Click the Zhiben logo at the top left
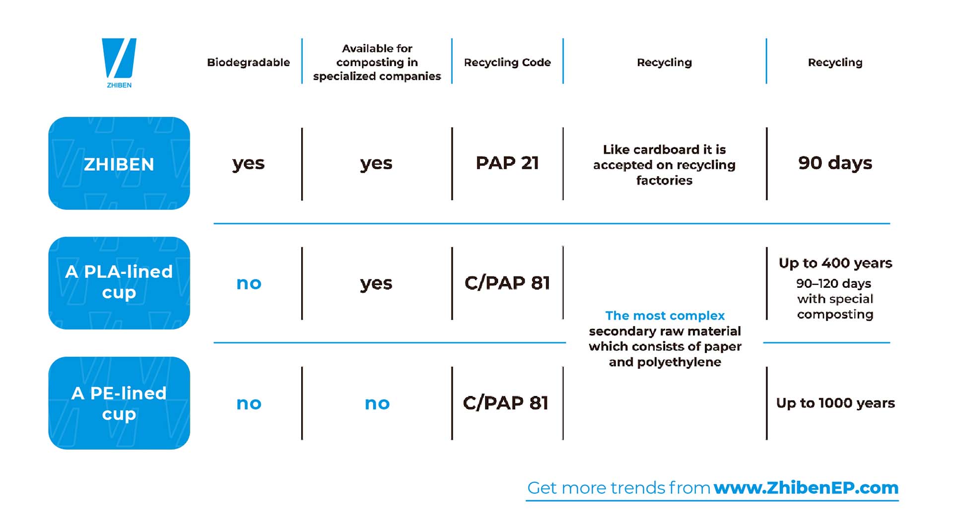pyautogui.click(x=119, y=63)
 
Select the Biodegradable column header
pyautogui.click(x=248, y=63)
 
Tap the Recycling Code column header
pyautogui.click(x=507, y=63)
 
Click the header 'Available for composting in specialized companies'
pyautogui.click(x=377, y=62)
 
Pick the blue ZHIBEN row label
pyautogui.click(x=119, y=163)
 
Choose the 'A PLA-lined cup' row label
pyautogui.click(x=119, y=283)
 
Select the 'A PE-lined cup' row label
pyautogui.click(x=119, y=403)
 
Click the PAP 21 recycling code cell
pyautogui.click(x=507, y=163)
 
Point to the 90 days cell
pyautogui.click(x=835, y=163)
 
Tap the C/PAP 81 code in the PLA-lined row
pyautogui.click(x=507, y=283)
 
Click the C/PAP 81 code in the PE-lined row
pyautogui.click(x=506, y=403)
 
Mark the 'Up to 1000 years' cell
pyautogui.click(x=835, y=403)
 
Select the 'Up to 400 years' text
pyautogui.click(x=835, y=263)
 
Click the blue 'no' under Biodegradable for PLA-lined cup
pyautogui.click(x=249, y=283)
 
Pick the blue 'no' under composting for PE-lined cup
pyautogui.click(x=377, y=403)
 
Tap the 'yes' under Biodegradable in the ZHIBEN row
pyautogui.click(x=248, y=164)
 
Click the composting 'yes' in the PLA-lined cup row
pyautogui.click(x=376, y=284)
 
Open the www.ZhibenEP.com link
pyautogui.click(x=806, y=488)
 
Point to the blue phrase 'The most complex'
pyautogui.click(x=665, y=316)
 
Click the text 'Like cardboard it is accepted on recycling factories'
pyautogui.click(x=665, y=165)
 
